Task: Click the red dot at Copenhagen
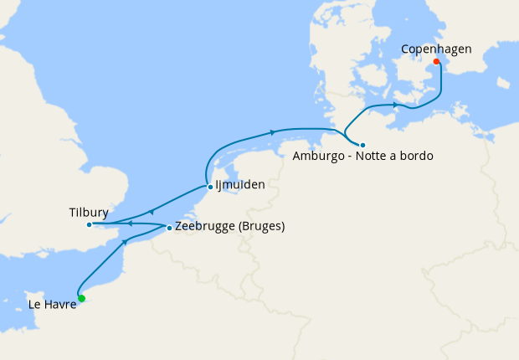pyautogui.click(x=436, y=60)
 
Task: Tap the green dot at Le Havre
pyautogui.click(x=81, y=298)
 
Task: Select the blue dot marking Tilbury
pyautogui.click(x=90, y=224)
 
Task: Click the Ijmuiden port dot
pyautogui.click(x=209, y=187)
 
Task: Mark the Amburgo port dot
pyautogui.click(x=362, y=145)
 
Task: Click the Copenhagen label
pyautogui.click(x=435, y=49)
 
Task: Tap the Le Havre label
pyautogui.click(x=53, y=306)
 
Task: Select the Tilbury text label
pyautogui.click(x=89, y=213)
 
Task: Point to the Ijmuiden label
pyautogui.click(x=240, y=186)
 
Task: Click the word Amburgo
pyautogui.click(x=319, y=157)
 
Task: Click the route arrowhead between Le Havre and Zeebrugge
pyautogui.click(x=126, y=241)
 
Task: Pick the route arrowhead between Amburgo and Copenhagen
pyautogui.click(x=395, y=105)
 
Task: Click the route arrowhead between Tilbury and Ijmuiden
pyautogui.click(x=151, y=212)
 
